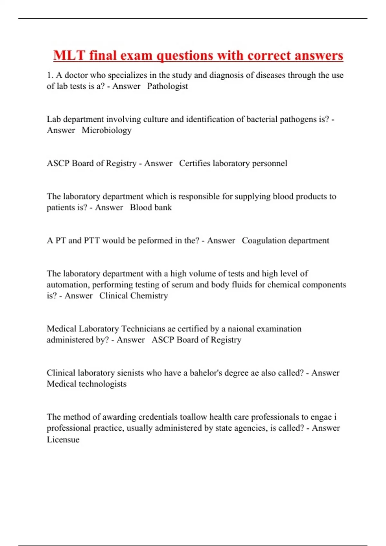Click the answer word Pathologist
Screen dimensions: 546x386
click(167, 86)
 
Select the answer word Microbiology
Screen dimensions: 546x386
click(106, 130)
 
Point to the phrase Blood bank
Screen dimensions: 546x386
click(151, 207)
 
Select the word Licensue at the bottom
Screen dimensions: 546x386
click(63, 439)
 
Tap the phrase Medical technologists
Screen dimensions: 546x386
click(87, 384)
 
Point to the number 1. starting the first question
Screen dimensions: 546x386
click(50, 75)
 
